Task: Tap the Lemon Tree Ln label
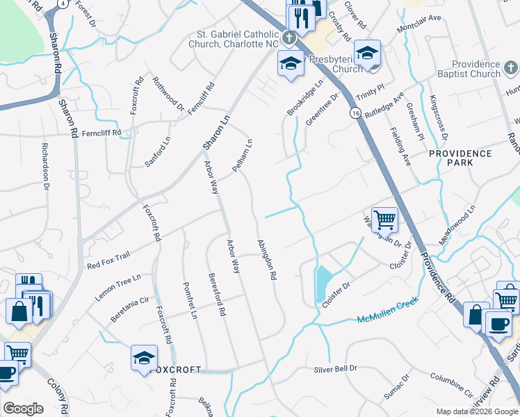[x=118, y=286]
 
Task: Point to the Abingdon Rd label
[x=268, y=259]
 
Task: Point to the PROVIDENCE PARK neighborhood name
[x=460, y=158]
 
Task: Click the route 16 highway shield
[x=355, y=113]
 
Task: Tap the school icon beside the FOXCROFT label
[x=145, y=358]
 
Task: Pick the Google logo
[x=23, y=409]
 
